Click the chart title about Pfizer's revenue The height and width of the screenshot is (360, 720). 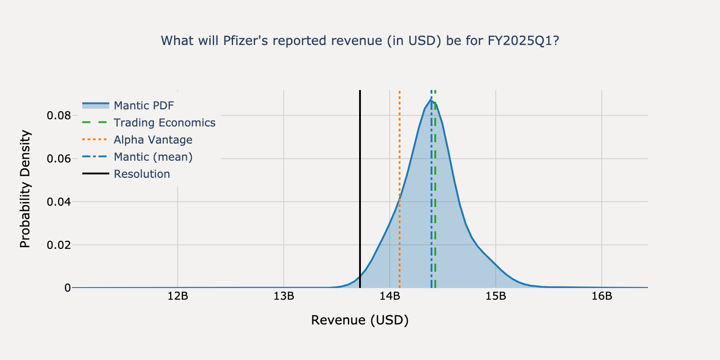360,41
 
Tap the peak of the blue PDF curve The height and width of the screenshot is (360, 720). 431,100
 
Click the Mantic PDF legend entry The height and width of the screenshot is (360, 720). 144,106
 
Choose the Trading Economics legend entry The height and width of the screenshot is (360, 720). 164,123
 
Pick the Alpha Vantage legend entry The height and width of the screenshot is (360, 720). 153,140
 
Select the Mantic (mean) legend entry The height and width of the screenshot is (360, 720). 153,157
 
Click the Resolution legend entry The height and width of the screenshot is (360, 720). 142,174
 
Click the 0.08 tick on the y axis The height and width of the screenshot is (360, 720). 58,116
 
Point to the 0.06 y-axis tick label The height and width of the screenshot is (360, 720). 58,159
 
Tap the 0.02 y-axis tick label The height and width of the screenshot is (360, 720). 58,245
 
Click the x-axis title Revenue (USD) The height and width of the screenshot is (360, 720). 360,320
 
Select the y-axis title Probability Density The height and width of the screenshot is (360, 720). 26,189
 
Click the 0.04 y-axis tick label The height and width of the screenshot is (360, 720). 58,202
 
